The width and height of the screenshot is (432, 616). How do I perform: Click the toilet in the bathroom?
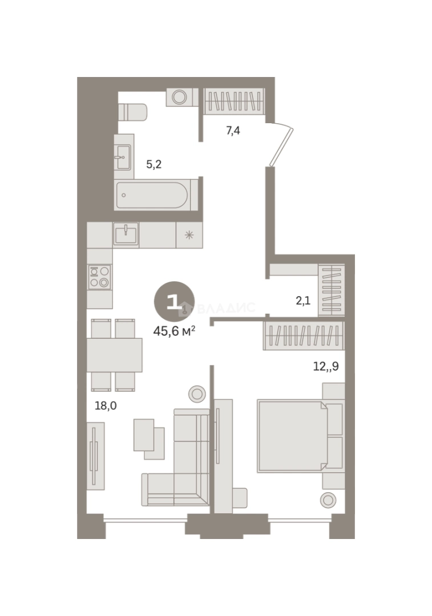point(132,112)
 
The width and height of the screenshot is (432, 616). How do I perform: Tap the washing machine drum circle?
point(179,97)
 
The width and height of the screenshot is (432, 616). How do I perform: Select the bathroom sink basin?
point(124,157)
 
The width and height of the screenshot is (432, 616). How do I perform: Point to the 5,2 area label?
point(154,164)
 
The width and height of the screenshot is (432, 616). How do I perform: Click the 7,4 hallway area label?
point(233,131)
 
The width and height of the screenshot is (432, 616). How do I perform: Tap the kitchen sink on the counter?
point(126,234)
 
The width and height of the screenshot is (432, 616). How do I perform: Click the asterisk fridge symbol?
point(189,236)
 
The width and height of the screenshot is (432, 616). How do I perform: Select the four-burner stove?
point(99,277)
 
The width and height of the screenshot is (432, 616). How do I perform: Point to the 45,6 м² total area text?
point(174,331)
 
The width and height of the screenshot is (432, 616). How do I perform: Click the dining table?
point(114,355)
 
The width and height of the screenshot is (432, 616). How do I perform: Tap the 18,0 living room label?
point(106,406)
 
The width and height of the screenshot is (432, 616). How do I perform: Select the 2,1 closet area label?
point(303,301)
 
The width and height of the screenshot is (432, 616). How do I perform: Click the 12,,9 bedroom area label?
point(326,366)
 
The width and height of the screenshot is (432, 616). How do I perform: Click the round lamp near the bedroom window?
point(328,500)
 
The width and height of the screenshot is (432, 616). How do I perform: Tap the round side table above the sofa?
point(197,393)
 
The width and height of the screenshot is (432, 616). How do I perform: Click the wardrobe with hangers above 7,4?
point(233,102)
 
